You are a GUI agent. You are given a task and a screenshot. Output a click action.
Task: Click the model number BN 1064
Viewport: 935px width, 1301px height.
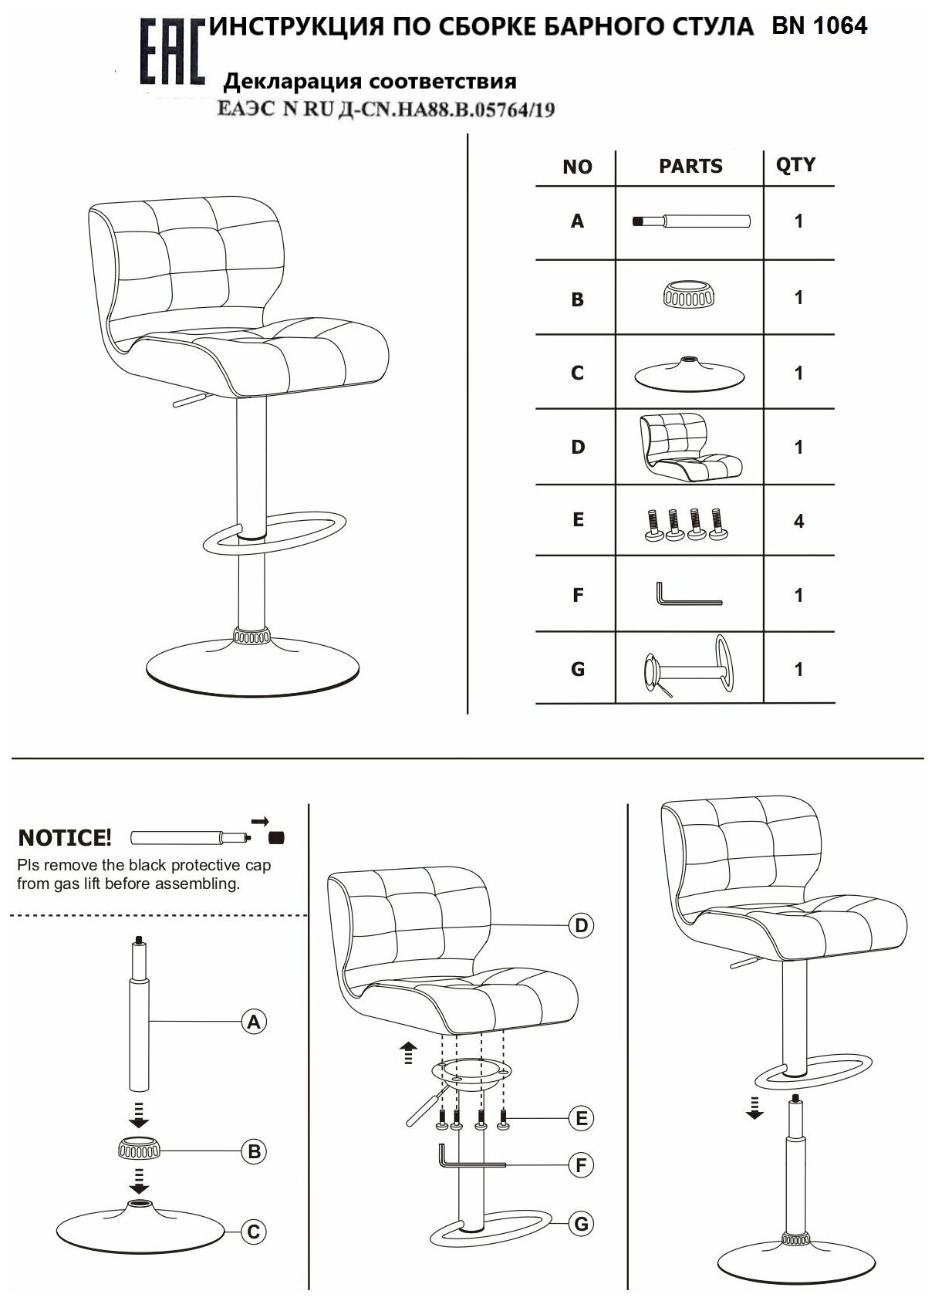tap(819, 26)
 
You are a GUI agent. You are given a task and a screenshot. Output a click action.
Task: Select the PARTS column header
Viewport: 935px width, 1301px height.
tap(690, 166)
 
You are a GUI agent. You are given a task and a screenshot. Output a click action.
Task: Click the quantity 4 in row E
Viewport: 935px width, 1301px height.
tap(798, 522)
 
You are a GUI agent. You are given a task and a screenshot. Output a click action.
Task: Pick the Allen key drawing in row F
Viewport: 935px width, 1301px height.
tap(688, 594)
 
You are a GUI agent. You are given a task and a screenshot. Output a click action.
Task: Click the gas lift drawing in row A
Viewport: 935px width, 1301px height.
tap(690, 221)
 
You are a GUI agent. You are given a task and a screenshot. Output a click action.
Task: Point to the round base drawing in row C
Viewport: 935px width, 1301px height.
tap(689, 373)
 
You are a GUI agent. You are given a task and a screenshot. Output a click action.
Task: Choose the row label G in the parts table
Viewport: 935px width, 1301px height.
tap(578, 669)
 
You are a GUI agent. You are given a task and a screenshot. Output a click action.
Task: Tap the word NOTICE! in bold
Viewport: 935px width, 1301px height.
tap(65, 837)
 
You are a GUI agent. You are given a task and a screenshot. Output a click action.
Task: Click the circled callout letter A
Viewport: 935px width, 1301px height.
tap(253, 1022)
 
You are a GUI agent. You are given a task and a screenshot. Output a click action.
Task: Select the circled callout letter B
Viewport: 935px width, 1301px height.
tap(253, 1151)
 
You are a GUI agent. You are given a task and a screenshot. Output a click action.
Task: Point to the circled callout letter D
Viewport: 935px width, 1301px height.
tap(581, 925)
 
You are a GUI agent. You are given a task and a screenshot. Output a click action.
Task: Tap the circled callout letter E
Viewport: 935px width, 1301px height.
tap(581, 1118)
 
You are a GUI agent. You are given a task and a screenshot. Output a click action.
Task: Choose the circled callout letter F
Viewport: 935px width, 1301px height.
tap(581, 1164)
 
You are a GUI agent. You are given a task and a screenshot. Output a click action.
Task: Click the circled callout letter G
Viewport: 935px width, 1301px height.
tap(581, 1223)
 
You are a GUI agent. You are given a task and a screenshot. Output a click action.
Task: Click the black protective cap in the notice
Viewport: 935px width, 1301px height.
tap(277, 836)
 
